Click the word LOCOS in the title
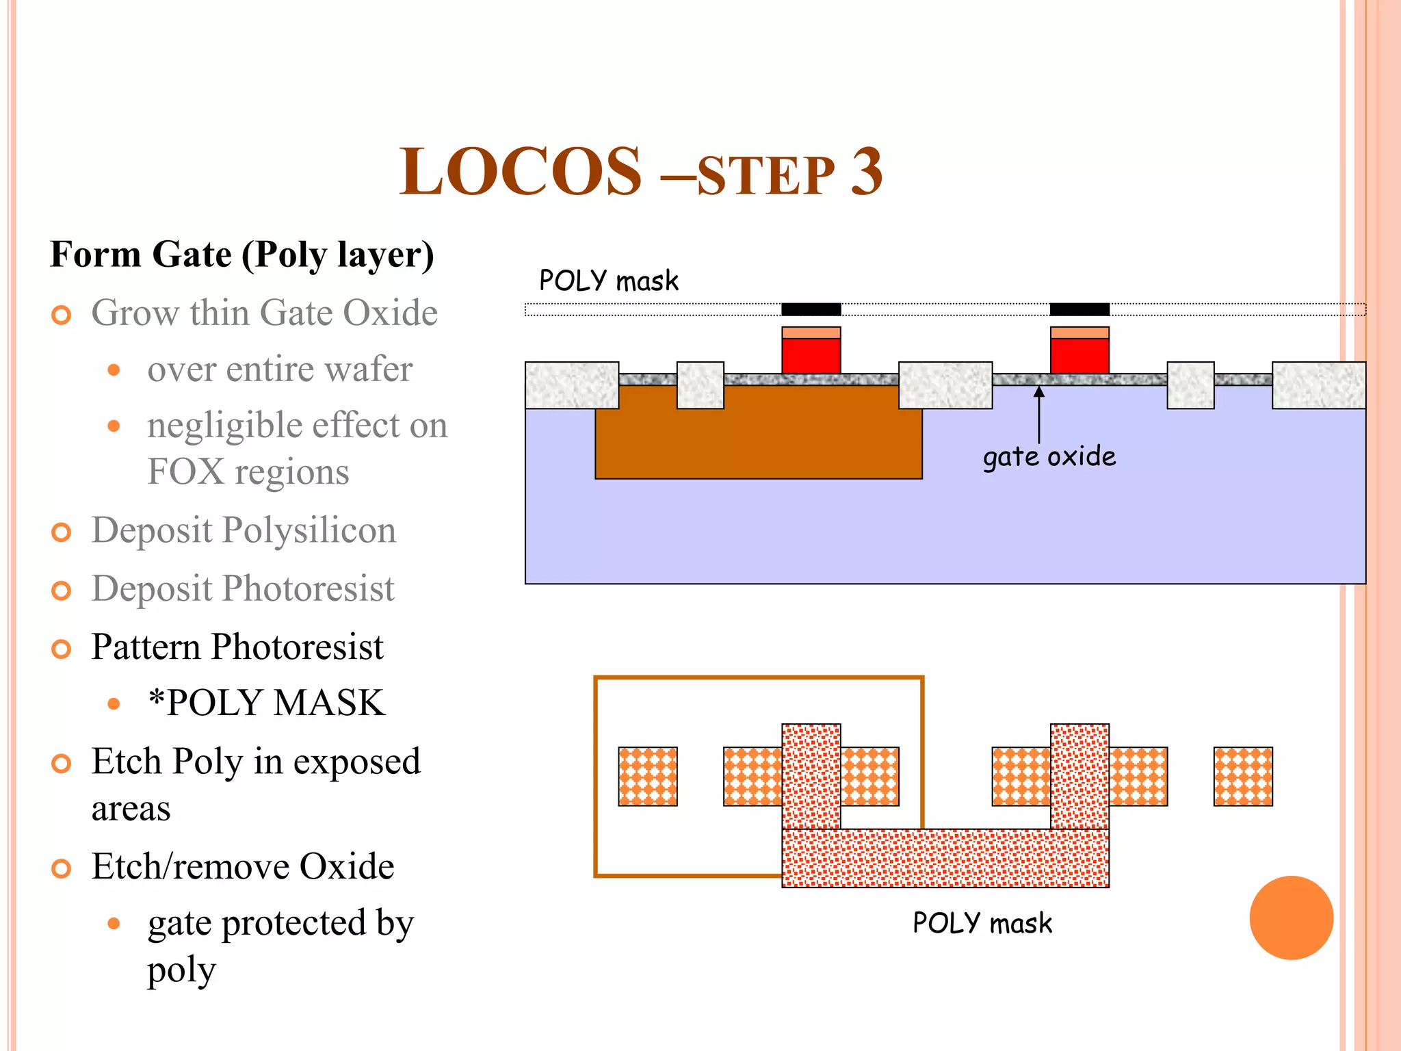[x=520, y=172]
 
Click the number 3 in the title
[x=866, y=172]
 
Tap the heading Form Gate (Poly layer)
[x=242, y=255]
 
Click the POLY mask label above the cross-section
[x=608, y=281]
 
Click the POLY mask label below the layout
[x=982, y=924]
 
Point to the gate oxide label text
[x=1049, y=456]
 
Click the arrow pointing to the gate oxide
[x=1038, y=414]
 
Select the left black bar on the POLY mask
[x=811, y=309]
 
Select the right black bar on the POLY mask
[x=1079, y=309]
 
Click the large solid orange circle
[x=1291, y=918]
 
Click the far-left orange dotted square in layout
[x=647, y=776]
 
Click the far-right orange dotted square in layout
[x=1243, y=776]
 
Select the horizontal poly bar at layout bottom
[x=945, y=858]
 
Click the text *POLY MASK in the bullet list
[x=267, y=703]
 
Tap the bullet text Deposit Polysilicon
[x=244, y=530]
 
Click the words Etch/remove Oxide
[x=243, y=867]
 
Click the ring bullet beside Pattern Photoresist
[x=62, y=649]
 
